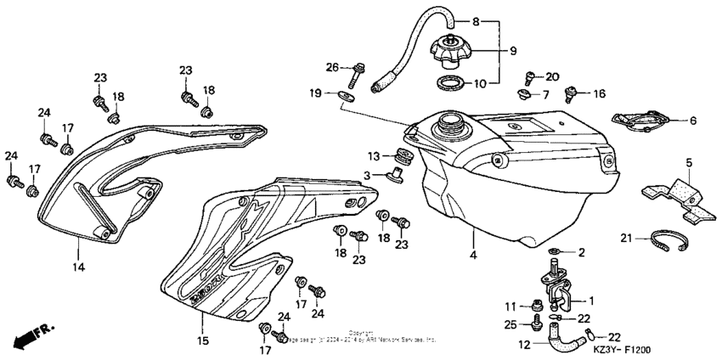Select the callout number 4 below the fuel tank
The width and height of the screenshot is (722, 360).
tap(473, 253)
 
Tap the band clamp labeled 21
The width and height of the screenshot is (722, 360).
tap(666, 242)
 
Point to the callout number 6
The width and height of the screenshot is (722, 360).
tap(692, 121)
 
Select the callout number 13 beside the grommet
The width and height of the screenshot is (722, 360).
tap(374, 155)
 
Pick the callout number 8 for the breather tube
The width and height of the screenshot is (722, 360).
tap(500, 20)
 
